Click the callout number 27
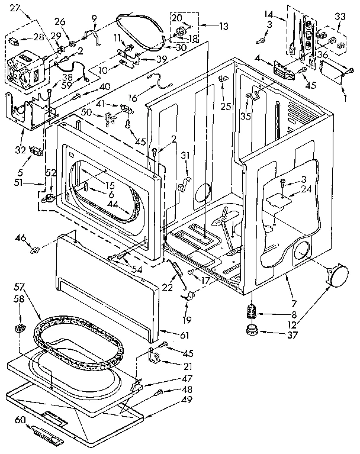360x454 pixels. click(15, 8)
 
